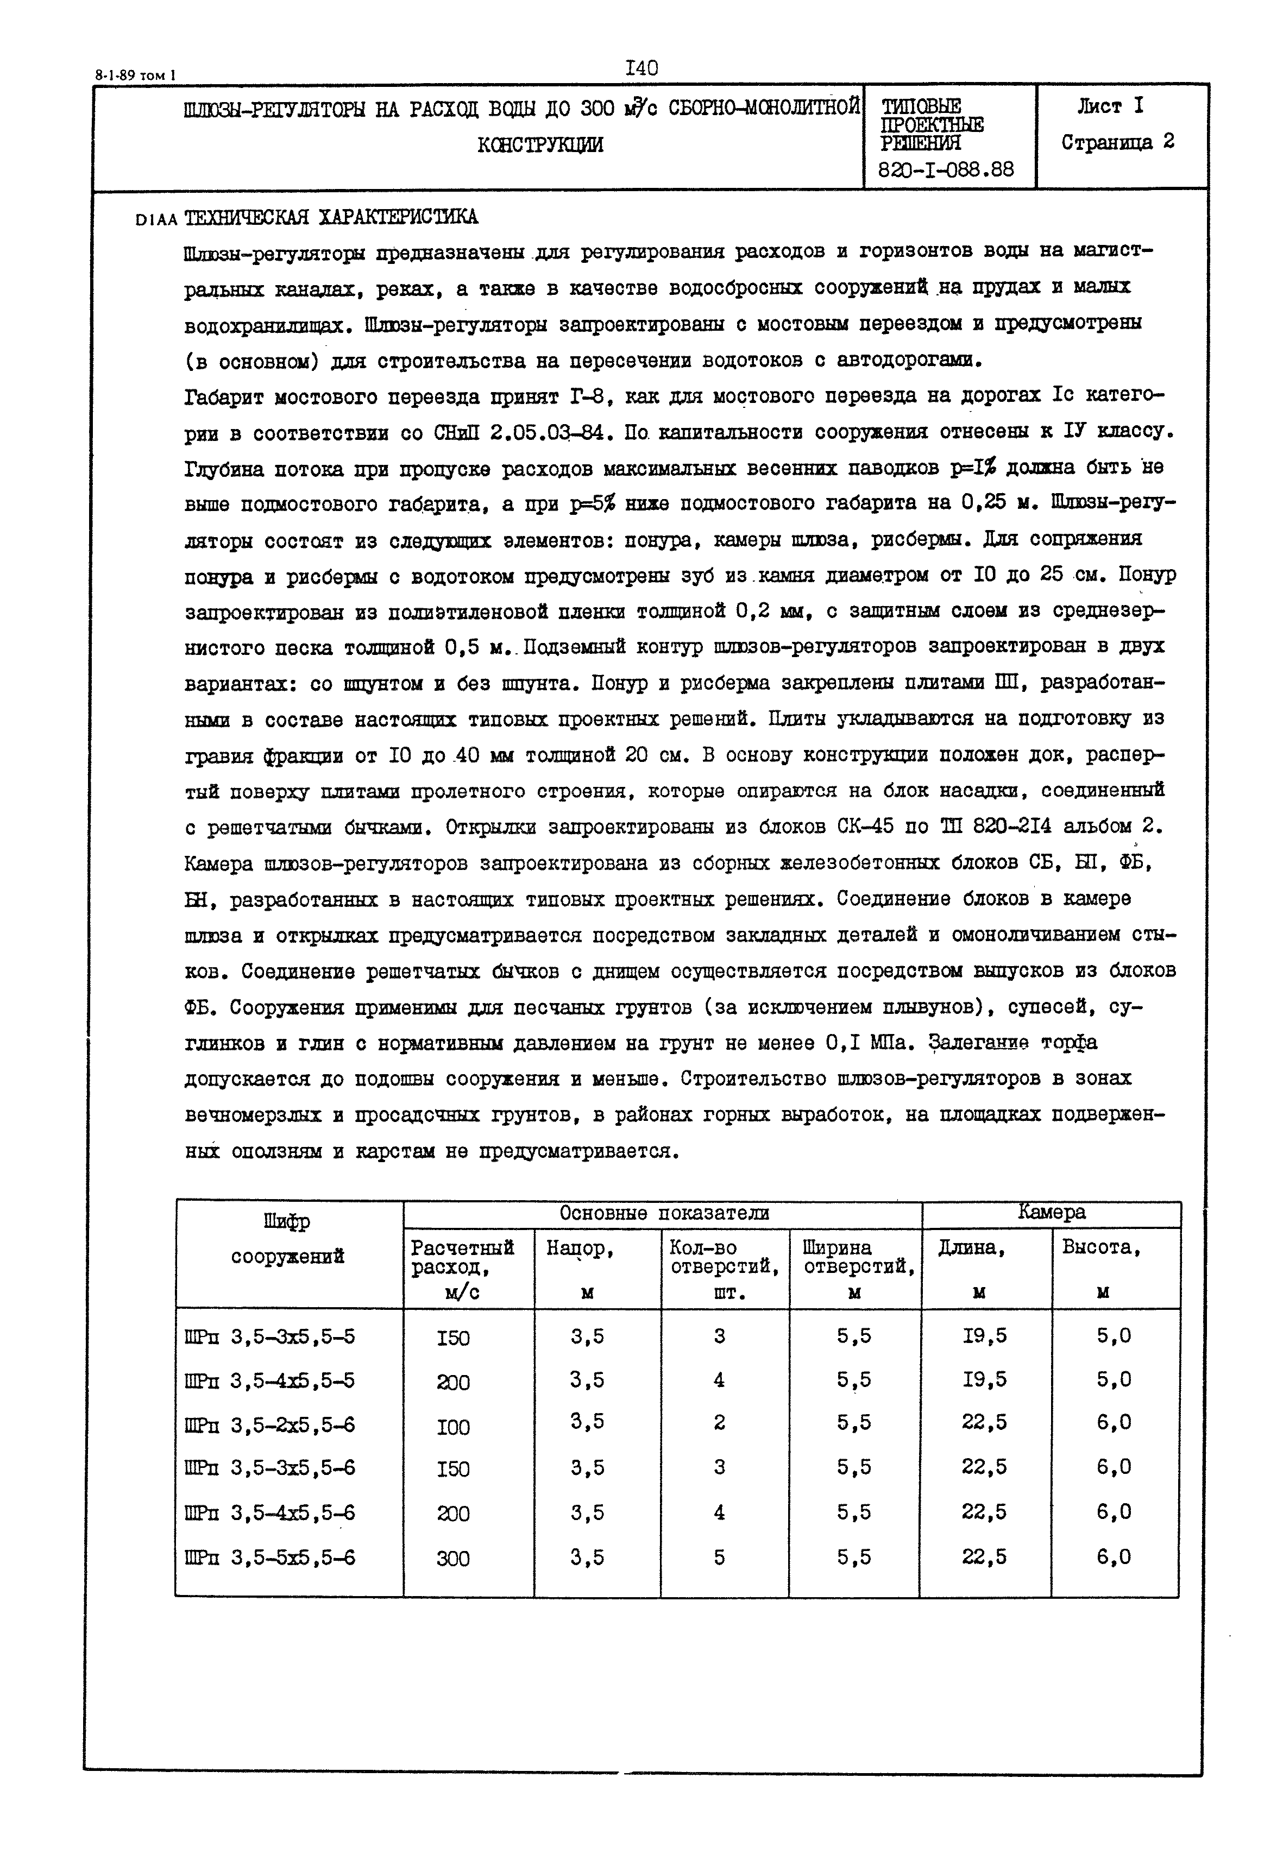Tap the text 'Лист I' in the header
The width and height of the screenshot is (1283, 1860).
(1110, 105)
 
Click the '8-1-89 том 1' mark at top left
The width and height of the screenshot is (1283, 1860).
(135, 75)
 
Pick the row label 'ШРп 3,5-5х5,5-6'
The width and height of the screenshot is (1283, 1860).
(269, 1558)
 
